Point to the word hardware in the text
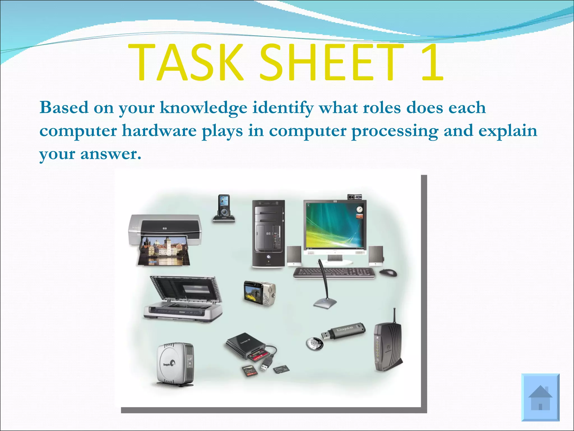[x=159, y=131]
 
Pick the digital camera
[x=259, y=293]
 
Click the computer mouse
[x=388, y=272]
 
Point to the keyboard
[x=334, y=272]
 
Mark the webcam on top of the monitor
[x=354, y=196]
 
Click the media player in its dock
[x=224, y=208]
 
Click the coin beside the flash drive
[x=314, y=343]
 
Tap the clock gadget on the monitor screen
[x=360, y=209]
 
